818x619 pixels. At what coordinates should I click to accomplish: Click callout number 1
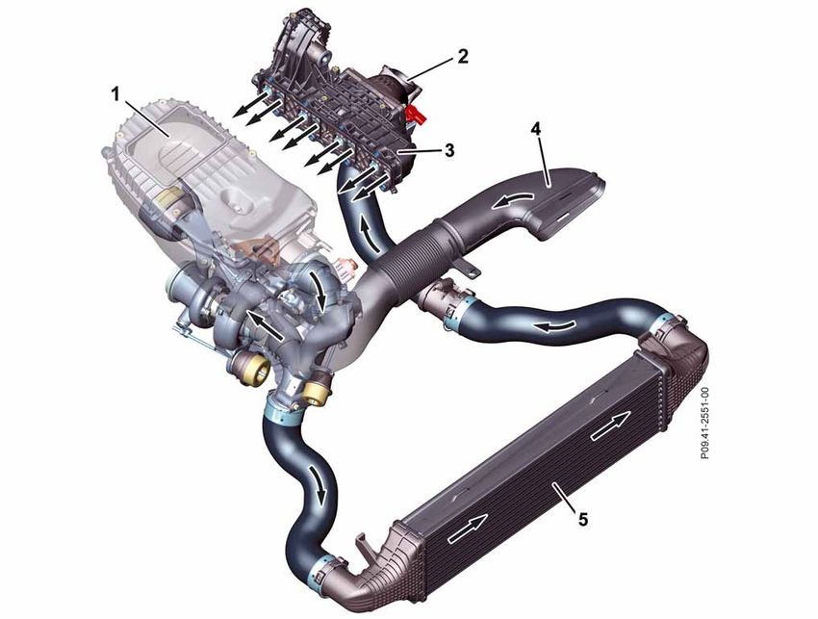[x=115, y=94]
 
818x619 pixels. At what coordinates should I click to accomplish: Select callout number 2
[x=463, y=56]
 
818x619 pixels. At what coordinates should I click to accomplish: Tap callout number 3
[x=448, y=151]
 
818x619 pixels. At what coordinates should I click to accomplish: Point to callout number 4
[x=536, y=129]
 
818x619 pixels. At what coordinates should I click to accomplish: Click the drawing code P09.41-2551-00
[x=704, y=424]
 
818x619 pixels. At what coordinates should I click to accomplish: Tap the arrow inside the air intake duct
[x=513, y=199]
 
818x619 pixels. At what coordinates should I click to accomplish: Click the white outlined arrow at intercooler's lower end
[x=468, y=528]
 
